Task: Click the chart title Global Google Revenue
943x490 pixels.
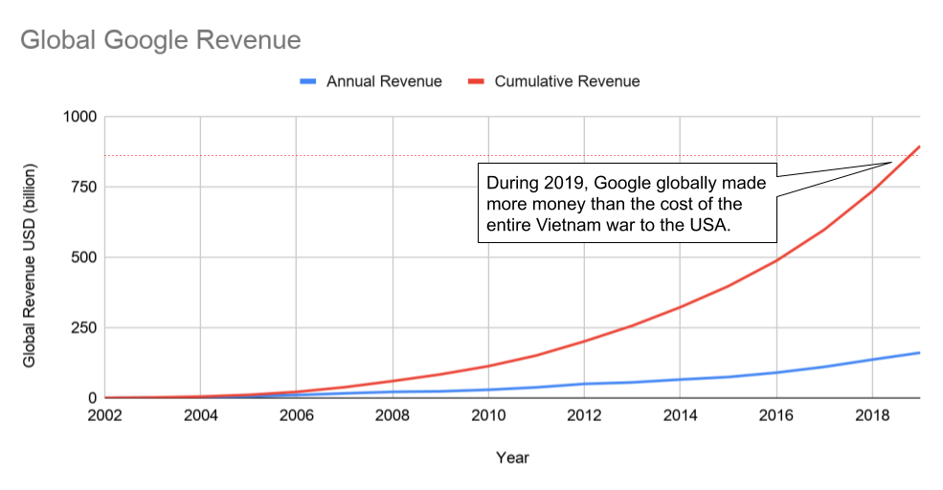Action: click(160, 40)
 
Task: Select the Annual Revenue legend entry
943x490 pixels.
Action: click(384, 81)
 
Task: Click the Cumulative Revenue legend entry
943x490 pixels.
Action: click(567, 81)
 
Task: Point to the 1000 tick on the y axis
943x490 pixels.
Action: click(80, 117)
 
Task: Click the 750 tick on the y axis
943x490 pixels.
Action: click(84, 187)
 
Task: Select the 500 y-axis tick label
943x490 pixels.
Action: click(84, 257)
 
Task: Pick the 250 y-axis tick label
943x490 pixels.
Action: click(84, 327)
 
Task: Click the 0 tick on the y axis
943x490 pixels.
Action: click(93, 398)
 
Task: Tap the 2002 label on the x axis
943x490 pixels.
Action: click(104, 416)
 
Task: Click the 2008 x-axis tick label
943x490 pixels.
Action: click(393, 416)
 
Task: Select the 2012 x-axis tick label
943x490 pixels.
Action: click(584, 416)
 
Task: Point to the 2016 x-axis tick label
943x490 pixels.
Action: click(775, 416)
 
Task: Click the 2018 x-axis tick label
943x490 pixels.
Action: click(871, 416)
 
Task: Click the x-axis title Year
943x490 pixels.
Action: click(512, 457)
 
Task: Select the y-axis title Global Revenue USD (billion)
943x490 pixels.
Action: click(30, 257)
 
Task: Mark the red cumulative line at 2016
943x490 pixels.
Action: click(775, 260)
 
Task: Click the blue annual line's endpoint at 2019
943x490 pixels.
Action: click(919, 352)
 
